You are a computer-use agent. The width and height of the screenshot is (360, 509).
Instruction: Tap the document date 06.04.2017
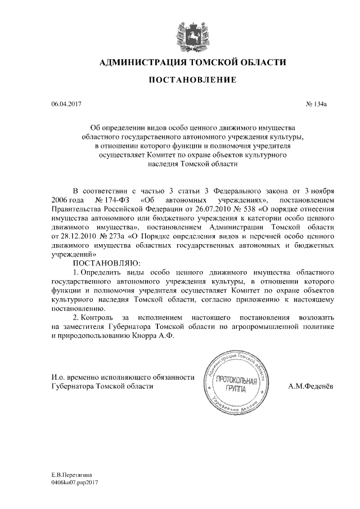click(x=66, y=105)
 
